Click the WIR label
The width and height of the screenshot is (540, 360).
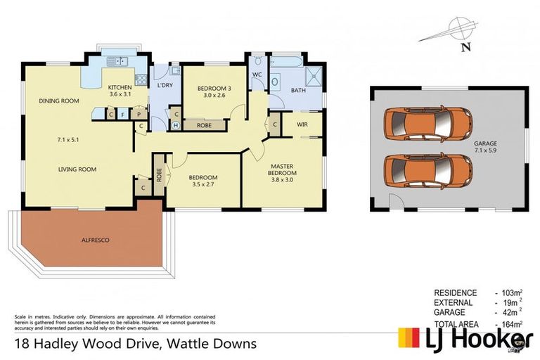coord(302,124)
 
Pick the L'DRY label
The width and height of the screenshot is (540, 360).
coord(165,86)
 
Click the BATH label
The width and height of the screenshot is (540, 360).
coord(298,90)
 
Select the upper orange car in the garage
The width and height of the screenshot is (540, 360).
coord(427,124)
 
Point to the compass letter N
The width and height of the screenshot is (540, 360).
coord(465,48)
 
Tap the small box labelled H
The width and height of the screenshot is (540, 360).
coord(176,125)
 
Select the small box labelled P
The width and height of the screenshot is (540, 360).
coord(139,113)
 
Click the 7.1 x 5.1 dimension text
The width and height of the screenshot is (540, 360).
coord(67,140)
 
